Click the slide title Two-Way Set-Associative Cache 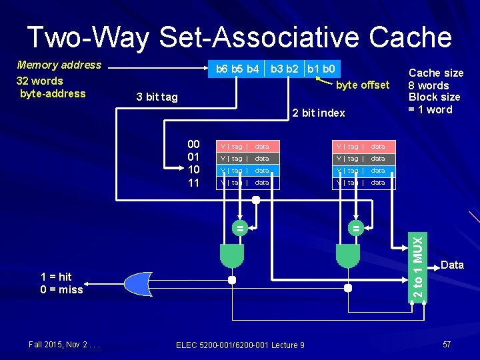pyautogui.click(x=239, y=37)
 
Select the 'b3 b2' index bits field pyautogui.click(x=285, y=68)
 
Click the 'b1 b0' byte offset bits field pyautogui.click(x=321, y=68)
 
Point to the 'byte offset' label pyautogui.click(x=363, y=85)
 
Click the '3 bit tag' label pyautogui.click(x=157, y=97)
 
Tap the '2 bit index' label pyautogui.click(x=319, y=113)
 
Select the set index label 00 pyautogui.click(x=193, y=145)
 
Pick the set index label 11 pyautogui.click(x=193, y=183)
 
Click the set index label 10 pyautogui.click(x=193, y=170)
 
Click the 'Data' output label pyautogui.click(x=452, y=265)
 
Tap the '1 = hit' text pyautogui.click(x=56, y=277)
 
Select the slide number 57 pyautogui.click(x=447, y=344)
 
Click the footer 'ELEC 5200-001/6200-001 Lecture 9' pyautogui.click(x=240, y=345)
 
